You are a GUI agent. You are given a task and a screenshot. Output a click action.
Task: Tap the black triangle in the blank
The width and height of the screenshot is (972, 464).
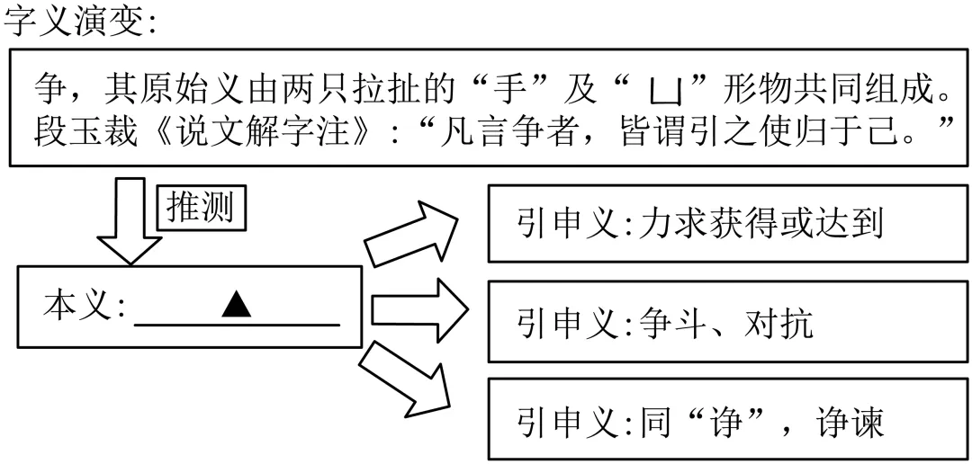point(236,306)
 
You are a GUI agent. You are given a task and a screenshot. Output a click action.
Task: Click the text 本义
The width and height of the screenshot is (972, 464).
point(78,308)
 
